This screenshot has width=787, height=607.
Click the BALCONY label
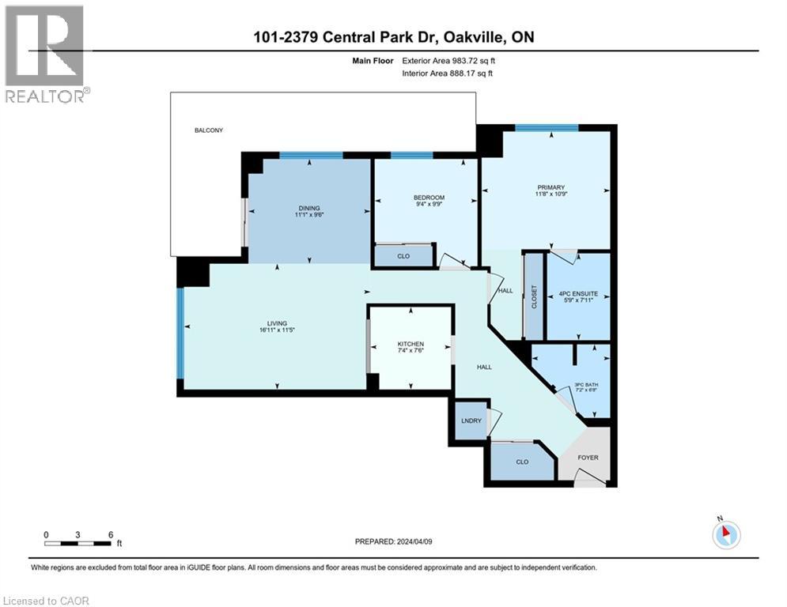[209, 130]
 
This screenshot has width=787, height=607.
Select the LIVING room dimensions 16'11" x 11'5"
[277, 331]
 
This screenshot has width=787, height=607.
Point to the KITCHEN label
[411, 344]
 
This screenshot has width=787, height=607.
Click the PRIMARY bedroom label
[551, 187]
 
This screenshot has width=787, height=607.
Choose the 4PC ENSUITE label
[579, 293]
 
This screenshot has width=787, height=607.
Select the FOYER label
[588, 458]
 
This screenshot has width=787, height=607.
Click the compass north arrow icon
[726, 534]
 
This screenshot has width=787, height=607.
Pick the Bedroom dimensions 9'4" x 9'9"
[429, 206]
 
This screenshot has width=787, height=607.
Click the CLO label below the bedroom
[403, 256]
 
